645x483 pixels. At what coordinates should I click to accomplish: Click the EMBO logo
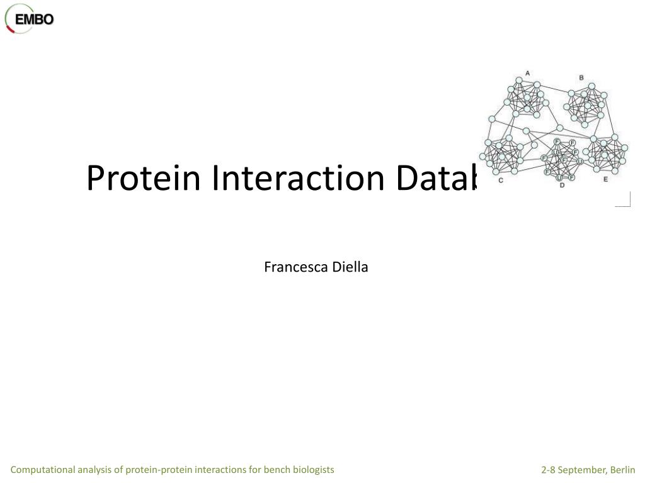[x=30, y=18]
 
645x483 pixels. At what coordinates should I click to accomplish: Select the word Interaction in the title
[x=297, y=178]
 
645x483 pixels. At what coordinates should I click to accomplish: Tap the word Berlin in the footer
[x=622, y=470]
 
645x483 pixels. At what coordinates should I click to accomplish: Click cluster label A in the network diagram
[x=528, y=73]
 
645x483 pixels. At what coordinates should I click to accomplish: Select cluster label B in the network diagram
[x=581, y=78]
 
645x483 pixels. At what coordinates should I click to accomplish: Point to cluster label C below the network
[x=501, y=180]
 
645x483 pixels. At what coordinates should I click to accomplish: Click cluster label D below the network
[x=562, y=186]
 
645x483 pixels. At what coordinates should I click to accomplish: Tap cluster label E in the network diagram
[x=606, y=179]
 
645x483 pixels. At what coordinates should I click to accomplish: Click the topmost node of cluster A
[x=519, y=80]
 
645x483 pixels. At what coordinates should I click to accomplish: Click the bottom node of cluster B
[x=585, y=125]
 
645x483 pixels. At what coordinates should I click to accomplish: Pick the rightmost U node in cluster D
[x=579, y=161]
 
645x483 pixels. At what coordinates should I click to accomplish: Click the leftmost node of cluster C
[x=482, y=157]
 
